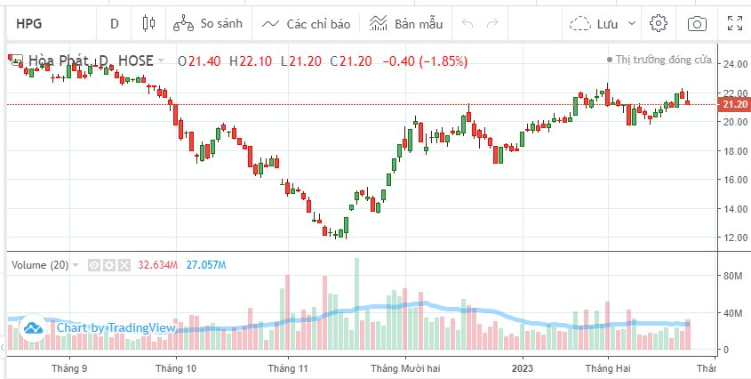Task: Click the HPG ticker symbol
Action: (29, 23)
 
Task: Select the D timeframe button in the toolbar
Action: (114, 23)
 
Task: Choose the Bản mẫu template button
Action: (406, 23)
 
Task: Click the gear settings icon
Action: (659, 23)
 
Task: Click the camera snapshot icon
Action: (698, 23)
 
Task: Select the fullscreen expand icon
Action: (735, 23)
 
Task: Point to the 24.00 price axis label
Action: (734, 64)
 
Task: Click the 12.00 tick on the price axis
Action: (734, 238)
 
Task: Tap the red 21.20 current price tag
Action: (734, 104)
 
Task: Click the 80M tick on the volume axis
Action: (733, 277)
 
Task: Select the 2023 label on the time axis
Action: (523, 367)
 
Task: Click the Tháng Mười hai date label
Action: (406, 367)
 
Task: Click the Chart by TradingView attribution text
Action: (116, 328)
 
